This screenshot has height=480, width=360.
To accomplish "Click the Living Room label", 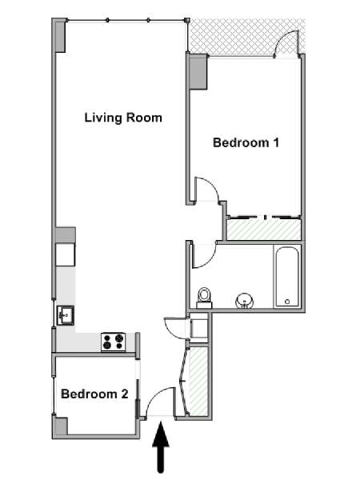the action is [x=123, y=118].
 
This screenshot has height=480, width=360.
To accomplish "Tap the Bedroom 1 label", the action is [x=246, y=142].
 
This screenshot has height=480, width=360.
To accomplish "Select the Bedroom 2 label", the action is [x=94, y=394].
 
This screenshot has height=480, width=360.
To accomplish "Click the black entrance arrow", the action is [x=161, y=447].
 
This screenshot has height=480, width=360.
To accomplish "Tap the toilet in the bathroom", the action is [x=204, y=298].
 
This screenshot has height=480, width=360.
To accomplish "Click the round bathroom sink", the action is [x=245, y=301].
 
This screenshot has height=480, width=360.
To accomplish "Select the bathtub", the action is [x=287, y=277].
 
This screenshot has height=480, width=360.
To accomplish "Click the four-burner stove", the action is [x=114, y=342].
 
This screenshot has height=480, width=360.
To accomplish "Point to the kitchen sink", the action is [x=66, y=316].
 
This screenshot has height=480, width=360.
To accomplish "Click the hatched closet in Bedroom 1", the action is [x=263, y=230].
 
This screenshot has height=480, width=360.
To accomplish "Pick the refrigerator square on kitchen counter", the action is [x=66, y=254].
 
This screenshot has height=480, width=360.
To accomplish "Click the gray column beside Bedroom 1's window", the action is [x=198, y=72].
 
